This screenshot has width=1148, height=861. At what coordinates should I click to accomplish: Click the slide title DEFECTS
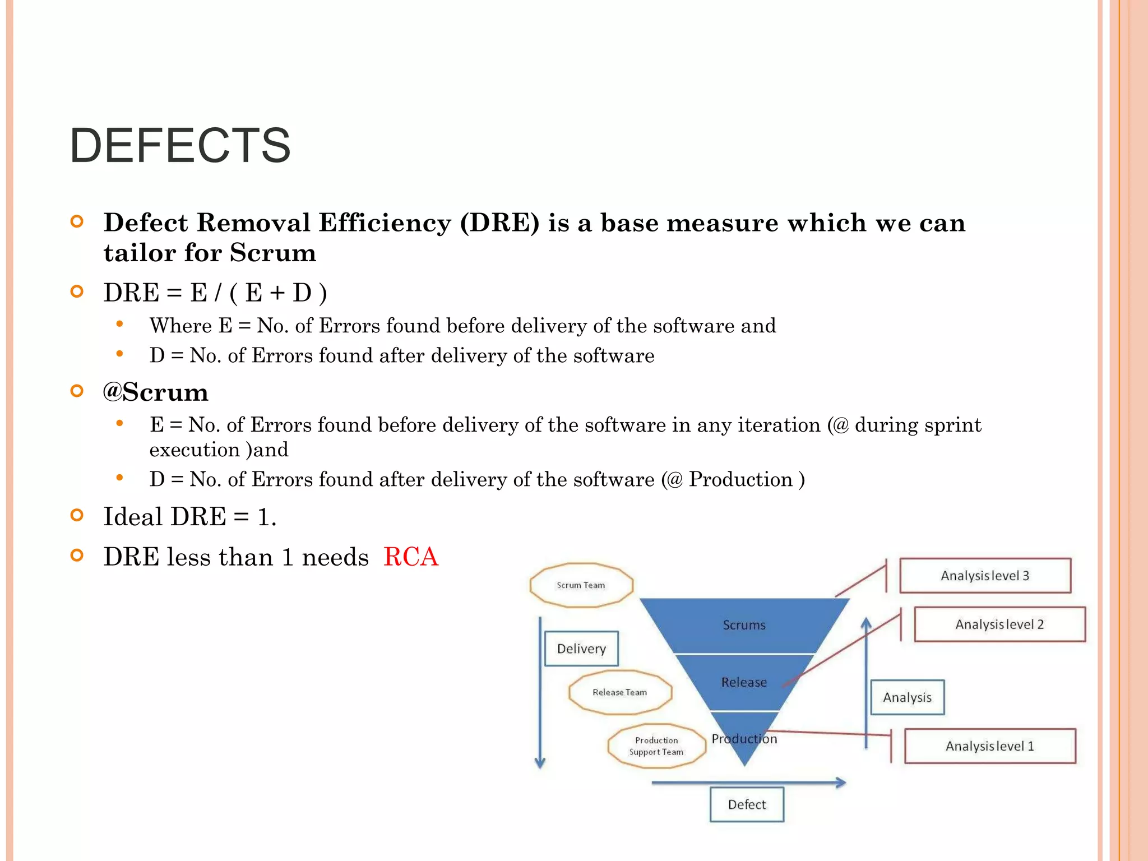(x=180, y=146)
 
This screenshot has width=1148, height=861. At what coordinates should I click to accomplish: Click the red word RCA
(x=410, y=557)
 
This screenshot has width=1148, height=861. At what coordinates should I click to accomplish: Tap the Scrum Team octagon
(x=581, y=585)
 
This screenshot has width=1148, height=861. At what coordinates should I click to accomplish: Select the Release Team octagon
(x=620, y=692)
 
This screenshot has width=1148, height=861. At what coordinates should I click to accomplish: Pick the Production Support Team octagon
(x=656, y=746)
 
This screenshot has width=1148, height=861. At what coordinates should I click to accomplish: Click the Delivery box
(x=581, y=649)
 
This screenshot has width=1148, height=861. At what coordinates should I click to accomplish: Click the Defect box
(x=747, y=804)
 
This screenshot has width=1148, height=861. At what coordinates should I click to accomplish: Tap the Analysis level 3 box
(x=985, y=576)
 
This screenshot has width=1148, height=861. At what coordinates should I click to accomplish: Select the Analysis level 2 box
(x=999, y=624)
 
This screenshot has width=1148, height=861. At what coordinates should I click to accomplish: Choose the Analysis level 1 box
(x=990, y=746)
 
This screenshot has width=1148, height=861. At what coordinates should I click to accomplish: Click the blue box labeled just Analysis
(x=907, y=697)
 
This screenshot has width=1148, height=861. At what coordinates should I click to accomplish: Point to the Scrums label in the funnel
(x=744, y=625)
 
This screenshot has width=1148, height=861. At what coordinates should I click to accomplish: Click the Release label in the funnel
(x=744, y=682)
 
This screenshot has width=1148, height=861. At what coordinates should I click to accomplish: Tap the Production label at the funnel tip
(x=744, y=739)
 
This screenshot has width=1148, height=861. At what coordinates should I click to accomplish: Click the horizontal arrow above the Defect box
(x=748, y=783)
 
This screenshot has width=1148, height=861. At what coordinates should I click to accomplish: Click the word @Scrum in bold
(x=155, y=392)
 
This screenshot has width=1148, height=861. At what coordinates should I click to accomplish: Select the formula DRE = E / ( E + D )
(x=215, y=293)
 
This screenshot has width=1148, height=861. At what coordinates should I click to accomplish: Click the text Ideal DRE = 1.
(x=190, y=516)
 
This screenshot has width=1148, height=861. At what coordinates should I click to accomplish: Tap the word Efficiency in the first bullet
(x=385, y=223)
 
